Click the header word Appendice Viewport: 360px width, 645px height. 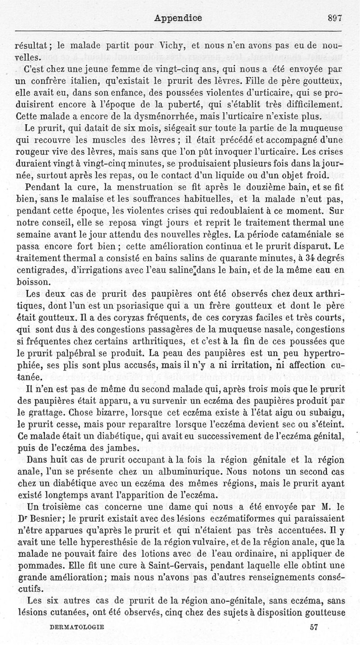(178, 18)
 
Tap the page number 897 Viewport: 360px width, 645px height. (335, 18)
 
